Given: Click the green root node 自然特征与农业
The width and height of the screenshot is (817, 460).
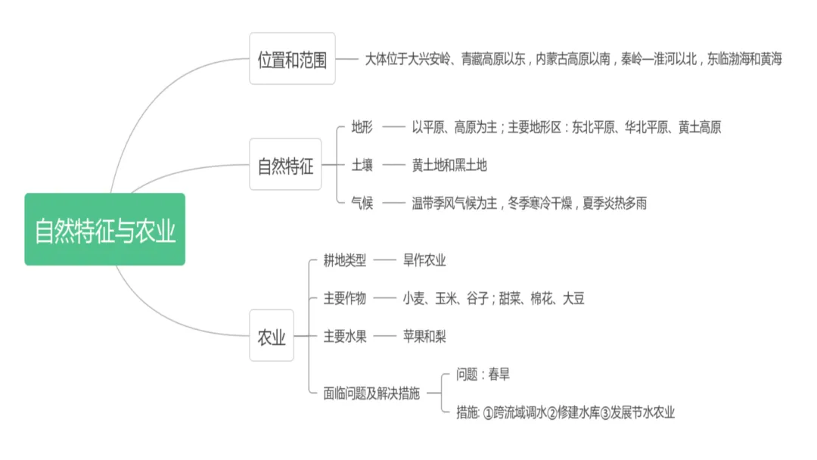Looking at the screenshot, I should coord(104,229).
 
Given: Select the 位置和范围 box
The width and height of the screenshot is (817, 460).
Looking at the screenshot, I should coord(292,59).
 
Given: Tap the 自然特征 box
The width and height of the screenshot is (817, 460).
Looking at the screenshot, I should coord(285,164).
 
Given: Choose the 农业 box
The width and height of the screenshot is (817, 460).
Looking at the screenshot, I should coord(272,336).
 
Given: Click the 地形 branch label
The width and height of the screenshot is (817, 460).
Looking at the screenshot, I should coord(362,127).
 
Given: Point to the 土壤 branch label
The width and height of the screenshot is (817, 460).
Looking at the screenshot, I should coord(362,164).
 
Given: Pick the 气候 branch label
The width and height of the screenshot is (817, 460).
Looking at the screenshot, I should coord(362,203).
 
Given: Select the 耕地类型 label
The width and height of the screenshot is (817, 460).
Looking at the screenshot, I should coord(345,260).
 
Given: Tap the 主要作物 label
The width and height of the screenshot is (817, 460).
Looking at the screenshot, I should coord(345,298).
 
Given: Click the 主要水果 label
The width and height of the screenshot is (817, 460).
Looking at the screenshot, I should coord(345,336).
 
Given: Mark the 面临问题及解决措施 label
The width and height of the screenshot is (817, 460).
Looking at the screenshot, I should coord(371,393).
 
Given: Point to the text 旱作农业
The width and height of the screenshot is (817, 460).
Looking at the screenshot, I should coord(424,260).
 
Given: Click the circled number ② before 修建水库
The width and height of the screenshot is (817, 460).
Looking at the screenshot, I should coord(552,412).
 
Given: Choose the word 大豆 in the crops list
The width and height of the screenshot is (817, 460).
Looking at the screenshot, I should coord(572,298).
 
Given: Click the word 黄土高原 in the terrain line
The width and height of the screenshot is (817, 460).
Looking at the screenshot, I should coord(700,127).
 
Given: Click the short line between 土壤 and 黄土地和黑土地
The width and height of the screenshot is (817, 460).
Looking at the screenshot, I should coord(393,165).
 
